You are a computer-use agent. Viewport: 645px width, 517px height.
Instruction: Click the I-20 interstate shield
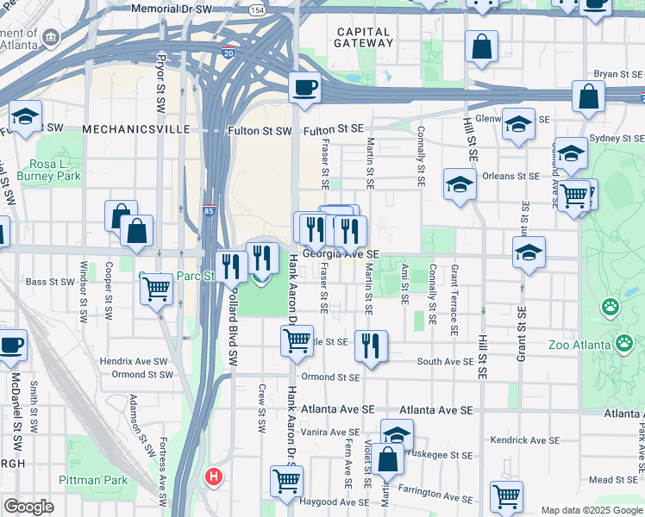pyautogui.click(x=228, y=53)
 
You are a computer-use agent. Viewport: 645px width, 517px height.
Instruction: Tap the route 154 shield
pyautogui.click(x=256, y=9)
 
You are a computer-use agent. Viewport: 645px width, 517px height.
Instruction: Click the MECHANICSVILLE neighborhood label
pyautogui.click(x=136, y=129)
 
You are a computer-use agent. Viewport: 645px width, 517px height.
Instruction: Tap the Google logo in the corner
pyautogui.click(x=28, y=507)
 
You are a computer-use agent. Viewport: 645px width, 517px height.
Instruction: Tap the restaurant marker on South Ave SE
pyautogui.click(x=371, y=346)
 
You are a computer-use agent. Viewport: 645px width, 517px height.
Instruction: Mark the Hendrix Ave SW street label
pyautogui.click(x=139, y=361)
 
